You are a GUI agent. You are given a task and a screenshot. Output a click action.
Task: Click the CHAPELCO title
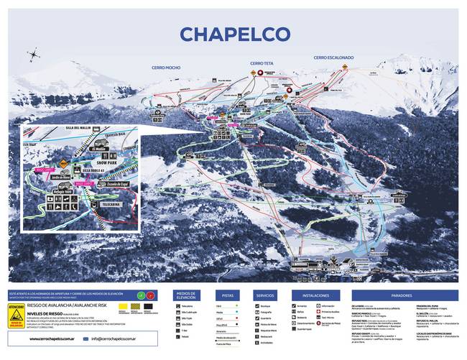(x=234, y=34)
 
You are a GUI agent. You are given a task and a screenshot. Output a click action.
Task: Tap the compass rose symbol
(x=34, y=54)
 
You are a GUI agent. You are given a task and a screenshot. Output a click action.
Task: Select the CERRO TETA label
(x=262, y=63)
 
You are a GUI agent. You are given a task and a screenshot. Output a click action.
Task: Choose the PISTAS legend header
(x=228, y=295)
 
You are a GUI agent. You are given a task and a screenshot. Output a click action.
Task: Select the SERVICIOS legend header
(x=265, y=295)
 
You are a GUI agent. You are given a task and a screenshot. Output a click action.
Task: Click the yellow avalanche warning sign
(x=15, y=316)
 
